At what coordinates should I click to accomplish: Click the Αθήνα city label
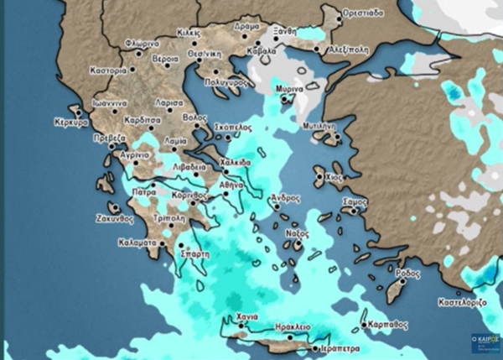coord(231,184)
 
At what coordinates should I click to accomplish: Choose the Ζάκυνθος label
coord(116,218)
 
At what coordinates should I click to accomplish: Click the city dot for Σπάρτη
coord(181,244)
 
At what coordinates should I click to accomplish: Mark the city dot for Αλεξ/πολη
coord(317,49)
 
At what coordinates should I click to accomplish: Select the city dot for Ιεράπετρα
coord(314,347)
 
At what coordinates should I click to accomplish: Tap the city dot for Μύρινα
coord(288,98)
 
